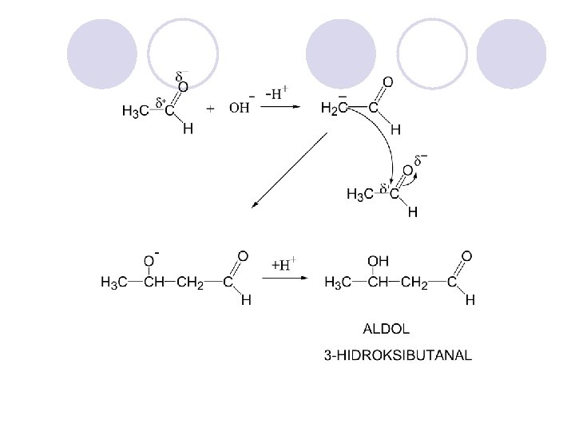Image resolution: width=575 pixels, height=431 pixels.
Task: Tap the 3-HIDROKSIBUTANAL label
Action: [398, 354]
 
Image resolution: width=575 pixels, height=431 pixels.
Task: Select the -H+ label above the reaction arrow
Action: [276, 93]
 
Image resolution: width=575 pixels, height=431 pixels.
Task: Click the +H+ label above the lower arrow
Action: [284, 263]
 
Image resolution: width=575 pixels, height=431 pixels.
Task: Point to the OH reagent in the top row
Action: [240, 108]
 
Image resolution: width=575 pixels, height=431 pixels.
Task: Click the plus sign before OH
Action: [210, 109]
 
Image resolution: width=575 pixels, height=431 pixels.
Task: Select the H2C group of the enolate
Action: [333, 108]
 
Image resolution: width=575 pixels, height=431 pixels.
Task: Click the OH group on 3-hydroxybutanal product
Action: [378, 260]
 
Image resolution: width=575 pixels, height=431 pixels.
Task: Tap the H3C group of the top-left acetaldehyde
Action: [135, 112]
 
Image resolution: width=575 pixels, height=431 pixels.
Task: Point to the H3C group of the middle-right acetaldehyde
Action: [360, 194]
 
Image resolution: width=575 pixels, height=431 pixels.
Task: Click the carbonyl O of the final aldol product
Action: [467, 256]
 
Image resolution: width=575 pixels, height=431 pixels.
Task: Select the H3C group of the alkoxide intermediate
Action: [114, 282]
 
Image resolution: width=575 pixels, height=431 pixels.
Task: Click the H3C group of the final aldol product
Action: [339, 282]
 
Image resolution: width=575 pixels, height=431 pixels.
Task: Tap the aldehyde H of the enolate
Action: [396, 128]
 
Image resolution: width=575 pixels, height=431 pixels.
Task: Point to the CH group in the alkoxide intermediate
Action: [154, 282]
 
